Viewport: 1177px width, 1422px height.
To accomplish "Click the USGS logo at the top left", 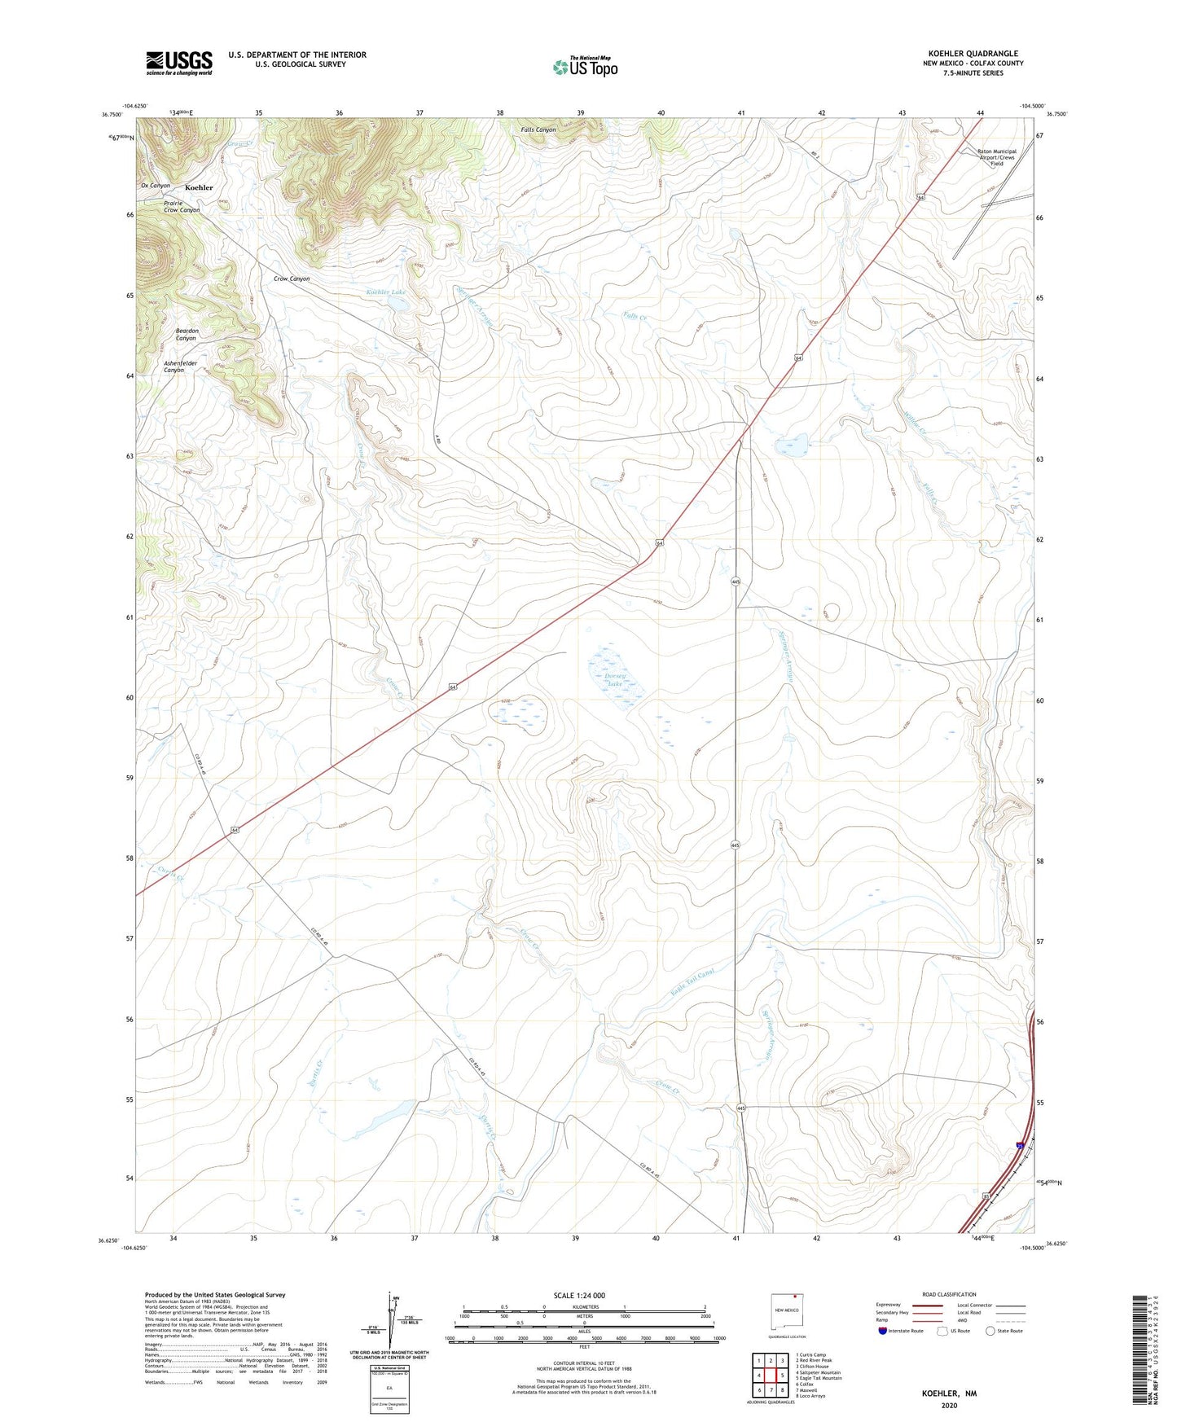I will click(x=179, y=63).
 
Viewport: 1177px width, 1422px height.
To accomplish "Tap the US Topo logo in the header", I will click(x=585, y=66).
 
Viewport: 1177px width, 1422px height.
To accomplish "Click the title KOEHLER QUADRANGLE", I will click(x=973, y=54).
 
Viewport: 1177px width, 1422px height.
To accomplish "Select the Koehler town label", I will click(x=199, y=187).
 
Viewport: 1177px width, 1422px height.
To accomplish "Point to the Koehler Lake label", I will click(x=385, y=292).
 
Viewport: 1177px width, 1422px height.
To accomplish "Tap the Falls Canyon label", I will click(x=538, y=129).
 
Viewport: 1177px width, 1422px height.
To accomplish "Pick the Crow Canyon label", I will click(x=292, y=279).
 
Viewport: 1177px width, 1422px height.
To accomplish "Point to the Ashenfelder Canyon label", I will click(x=180, y=366).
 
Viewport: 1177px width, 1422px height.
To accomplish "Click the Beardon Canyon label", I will click(x=187, y=334).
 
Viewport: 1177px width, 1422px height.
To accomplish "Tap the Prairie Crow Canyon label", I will click(x=181, y=207).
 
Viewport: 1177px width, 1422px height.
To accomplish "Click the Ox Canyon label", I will click(x=156, y=186).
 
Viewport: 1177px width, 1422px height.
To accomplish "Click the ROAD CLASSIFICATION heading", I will click(x=949, y=1294).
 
